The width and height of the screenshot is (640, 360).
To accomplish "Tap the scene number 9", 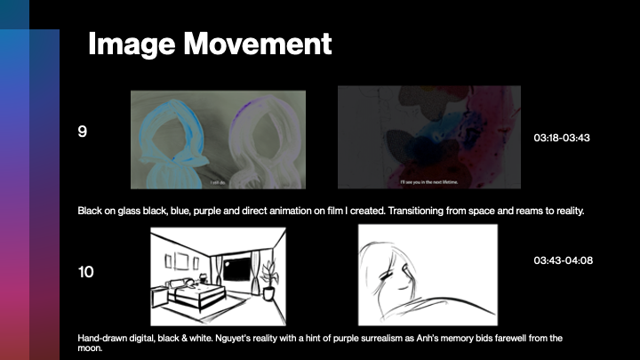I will [83, 132].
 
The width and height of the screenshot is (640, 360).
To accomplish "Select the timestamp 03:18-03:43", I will [562, 139].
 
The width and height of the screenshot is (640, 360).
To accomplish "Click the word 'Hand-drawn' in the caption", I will [101, 339].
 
